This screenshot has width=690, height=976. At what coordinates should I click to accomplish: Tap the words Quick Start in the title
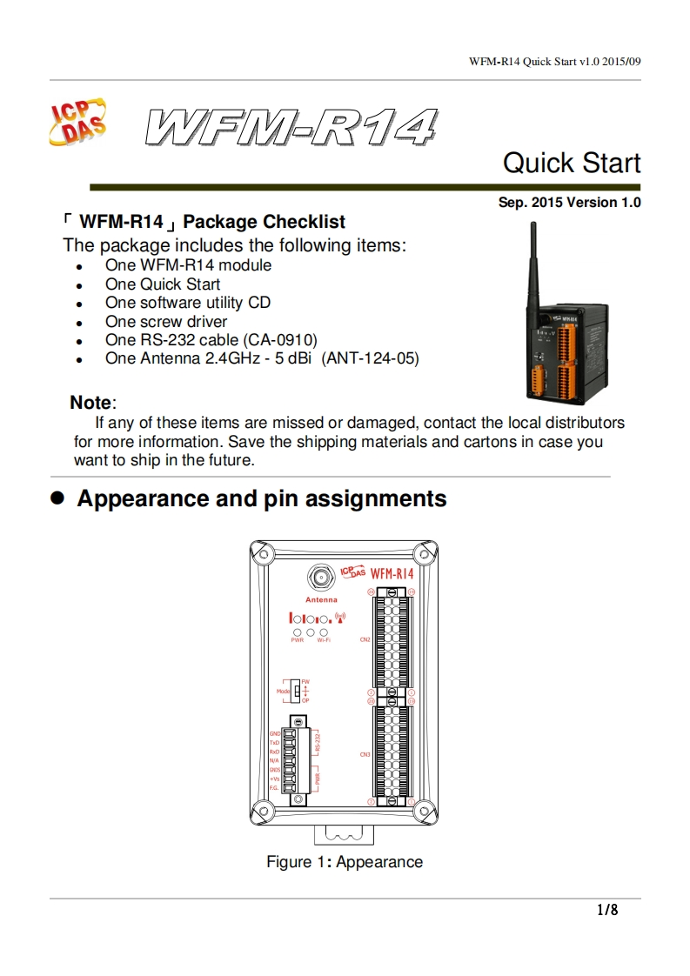tap(572, 163)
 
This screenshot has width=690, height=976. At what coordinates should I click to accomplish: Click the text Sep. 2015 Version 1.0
tap(569, 203)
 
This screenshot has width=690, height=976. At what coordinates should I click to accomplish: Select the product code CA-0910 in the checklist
tap(283, 339)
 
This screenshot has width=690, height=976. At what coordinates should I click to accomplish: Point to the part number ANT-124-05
tap(370, 358)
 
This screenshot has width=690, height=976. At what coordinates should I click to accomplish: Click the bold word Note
tap(90, 403)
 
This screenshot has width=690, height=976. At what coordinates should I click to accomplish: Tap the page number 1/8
tap(606, 910)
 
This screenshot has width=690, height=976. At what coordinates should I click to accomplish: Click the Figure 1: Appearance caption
tap(345, 862)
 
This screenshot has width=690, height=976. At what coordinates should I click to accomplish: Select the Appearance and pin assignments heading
tap(261, 498)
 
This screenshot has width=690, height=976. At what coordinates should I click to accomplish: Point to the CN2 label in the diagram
tap(365, 639)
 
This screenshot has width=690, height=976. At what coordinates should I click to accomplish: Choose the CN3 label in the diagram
tap(365, 754)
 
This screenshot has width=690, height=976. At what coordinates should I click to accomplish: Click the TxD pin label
tap(274, 742)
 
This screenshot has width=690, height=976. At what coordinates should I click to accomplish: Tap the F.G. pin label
tap(273, 787)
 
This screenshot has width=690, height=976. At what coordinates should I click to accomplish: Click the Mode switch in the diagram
tap(296, 691)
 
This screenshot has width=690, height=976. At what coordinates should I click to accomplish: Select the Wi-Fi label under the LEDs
tap(324, 640)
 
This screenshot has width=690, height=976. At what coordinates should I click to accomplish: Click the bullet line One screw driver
tap(166, 321)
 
